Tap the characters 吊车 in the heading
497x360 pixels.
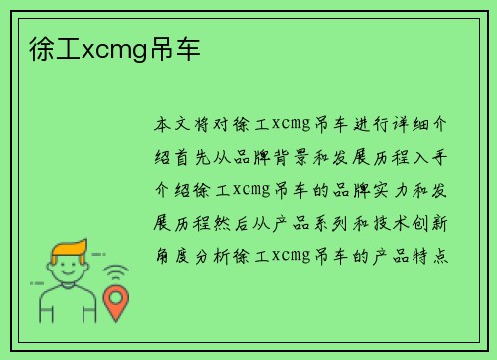[165, 47]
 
